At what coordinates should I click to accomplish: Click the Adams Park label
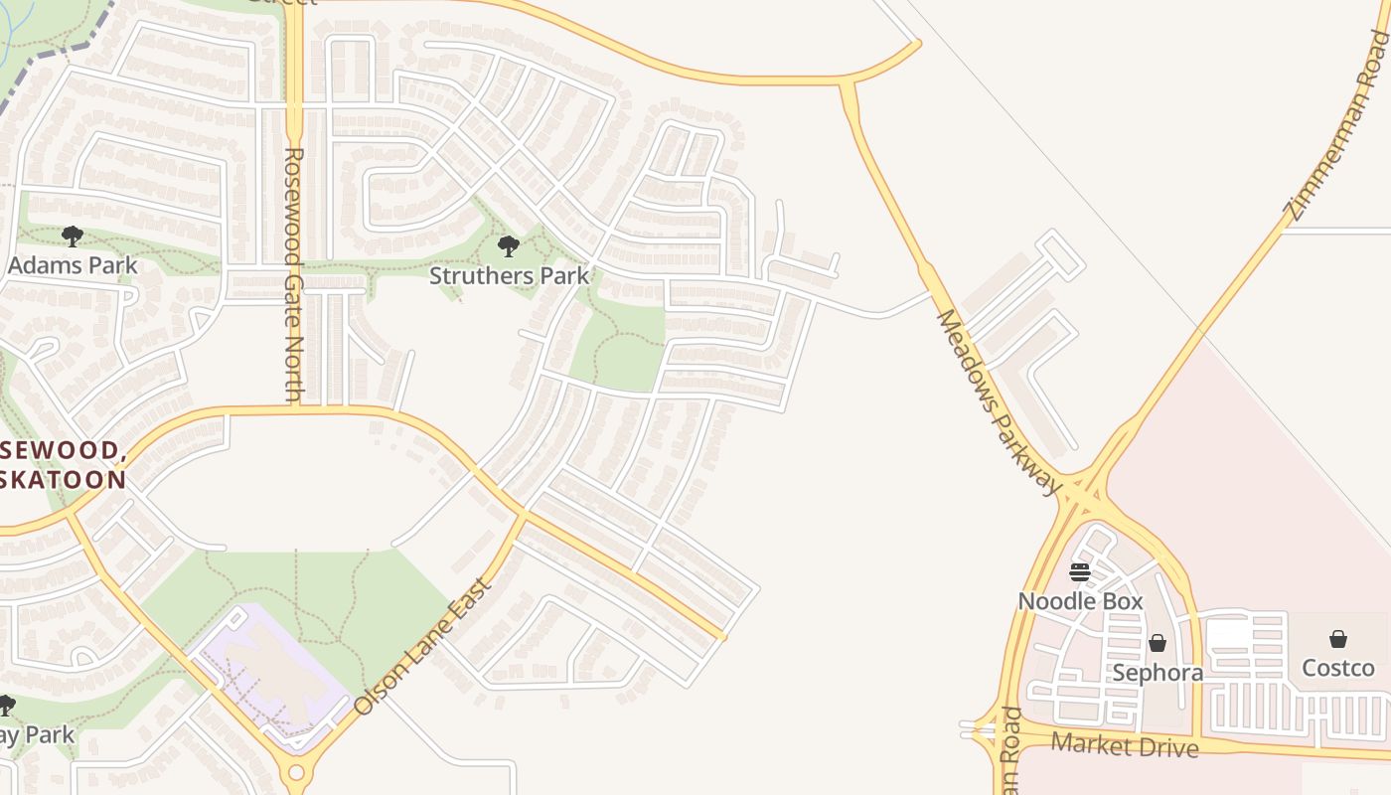pos(73,265)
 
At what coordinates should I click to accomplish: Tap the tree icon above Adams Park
pos(72,237)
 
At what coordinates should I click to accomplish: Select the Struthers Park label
pos(509,275)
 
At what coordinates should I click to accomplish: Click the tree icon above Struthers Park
pos(509,245)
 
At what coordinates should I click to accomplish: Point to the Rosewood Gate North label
pos(293,275)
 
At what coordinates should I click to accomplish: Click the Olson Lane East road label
pos(423,646)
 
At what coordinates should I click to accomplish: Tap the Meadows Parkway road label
pos(999,401)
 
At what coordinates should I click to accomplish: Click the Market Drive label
pos(1124,744)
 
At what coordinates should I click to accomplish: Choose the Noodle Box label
pos(1080,601)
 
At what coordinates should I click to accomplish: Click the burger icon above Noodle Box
pos(1080,572)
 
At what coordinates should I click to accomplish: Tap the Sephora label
pos(1157,673)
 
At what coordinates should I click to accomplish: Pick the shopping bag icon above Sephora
pos(1157,644)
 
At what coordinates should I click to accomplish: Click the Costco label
pos(1337,668)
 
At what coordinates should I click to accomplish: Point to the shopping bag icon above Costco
pos(1338,639)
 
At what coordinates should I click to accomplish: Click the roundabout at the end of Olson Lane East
pos(295,772)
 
